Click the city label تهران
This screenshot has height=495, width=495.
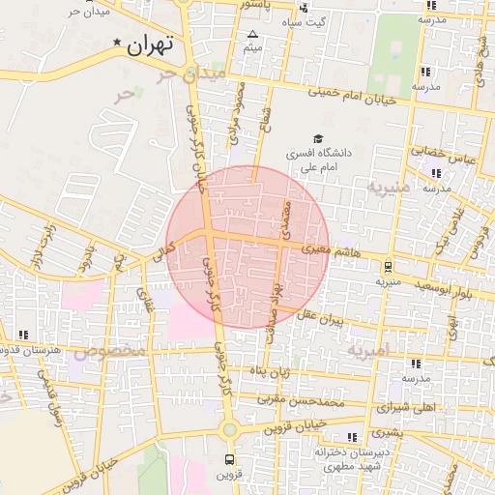click(150, 44)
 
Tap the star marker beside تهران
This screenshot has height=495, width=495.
click(118, 43)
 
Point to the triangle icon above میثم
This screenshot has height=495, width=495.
click(252, 34)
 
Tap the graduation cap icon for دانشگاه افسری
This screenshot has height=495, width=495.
click(318, 138)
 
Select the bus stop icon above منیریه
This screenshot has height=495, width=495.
click(388, 267)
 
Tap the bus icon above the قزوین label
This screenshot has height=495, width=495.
click(229, 458)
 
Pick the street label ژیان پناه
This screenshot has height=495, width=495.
click(272, 372)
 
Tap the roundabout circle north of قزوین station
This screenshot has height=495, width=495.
click(229, 430)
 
